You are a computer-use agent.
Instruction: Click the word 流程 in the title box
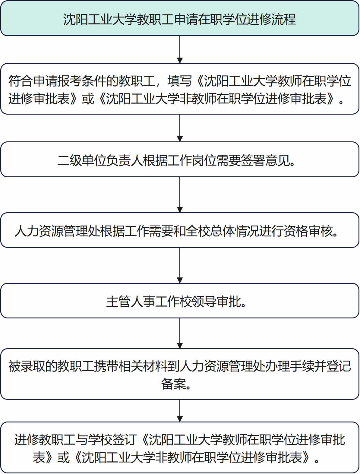point(284,19)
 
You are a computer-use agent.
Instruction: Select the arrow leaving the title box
point(180,49)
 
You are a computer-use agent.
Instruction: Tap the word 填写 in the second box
point(180,81)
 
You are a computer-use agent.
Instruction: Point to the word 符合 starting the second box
point(21,81)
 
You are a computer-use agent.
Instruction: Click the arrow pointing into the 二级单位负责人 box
point(180,128)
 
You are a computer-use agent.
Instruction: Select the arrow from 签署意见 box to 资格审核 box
point(180,195)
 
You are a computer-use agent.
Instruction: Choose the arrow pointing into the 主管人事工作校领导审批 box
point(180,265)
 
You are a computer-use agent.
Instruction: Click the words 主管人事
point(131,302)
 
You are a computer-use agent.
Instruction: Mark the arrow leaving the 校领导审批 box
point(180,333)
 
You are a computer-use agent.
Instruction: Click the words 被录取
point(27,366)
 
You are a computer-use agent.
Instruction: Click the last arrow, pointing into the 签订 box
point(180,410)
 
